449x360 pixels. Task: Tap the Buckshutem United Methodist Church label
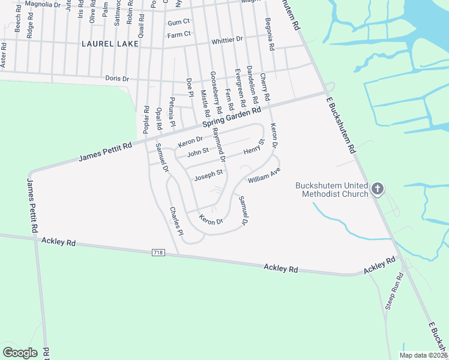click(x=332, y=190)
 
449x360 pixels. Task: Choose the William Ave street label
click(x=264, y=175)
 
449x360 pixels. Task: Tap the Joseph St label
click(x=208, y=175)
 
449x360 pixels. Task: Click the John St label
click(x=197, y=152)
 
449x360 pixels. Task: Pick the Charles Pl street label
click(x=176, y=220)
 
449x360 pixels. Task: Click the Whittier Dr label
click(x=227, y=40)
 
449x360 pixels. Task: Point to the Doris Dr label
click(x=117, y=79)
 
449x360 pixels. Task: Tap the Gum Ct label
click(x=179, y=22)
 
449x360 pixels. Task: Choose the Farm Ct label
click(x=179, y=35)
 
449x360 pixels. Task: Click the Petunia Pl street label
click(x=172, y=112)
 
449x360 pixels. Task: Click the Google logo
click(x=20, y=353)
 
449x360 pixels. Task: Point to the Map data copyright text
click(x=423, y=355)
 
